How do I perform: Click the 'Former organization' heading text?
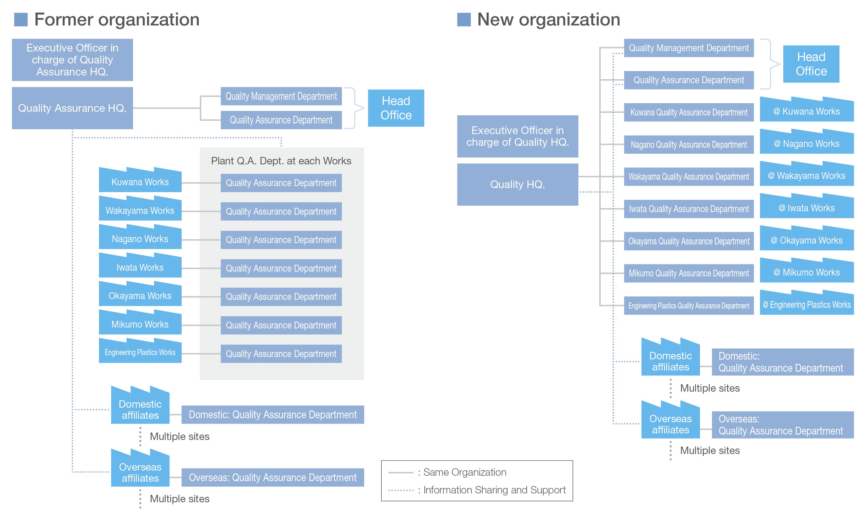[x=117, y=20]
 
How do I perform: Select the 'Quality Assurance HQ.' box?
[x=72, y=108]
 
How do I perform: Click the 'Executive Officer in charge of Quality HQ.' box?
[x=517, y=136]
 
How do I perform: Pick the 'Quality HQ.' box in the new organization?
[x=517, y=184]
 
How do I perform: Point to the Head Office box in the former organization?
[x=396, y=108]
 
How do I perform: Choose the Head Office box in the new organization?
[x=811, y=64]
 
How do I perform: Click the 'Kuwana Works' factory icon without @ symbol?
[x=140, y=180]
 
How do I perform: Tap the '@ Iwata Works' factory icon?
[x=806, y=206]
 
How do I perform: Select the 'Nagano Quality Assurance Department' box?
[x=688, y=144]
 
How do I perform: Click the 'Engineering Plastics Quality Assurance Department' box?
[x=688, y=306]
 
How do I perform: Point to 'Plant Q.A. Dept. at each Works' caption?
[x=281, y=161]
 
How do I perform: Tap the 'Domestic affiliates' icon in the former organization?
[x=140, y=405]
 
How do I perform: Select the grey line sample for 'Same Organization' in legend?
[x=401, y=473]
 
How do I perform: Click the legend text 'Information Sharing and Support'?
[x=494, y=490]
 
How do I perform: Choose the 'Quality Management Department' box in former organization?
[x=281, y=96]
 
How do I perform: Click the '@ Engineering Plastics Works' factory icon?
[x=806, y=302]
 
